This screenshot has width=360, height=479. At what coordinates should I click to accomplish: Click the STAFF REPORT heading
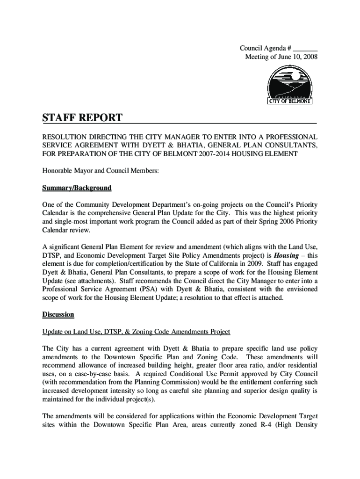pos(82,118)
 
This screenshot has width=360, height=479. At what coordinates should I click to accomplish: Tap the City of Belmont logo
pos(289,85)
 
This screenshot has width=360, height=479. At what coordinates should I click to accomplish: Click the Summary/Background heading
pos(77,188)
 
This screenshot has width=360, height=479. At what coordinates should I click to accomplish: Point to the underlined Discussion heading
pos(58,314)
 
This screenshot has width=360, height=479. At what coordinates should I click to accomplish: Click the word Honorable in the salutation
pos(58,171)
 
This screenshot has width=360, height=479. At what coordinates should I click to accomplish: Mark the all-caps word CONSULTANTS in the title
pos(292,145)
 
